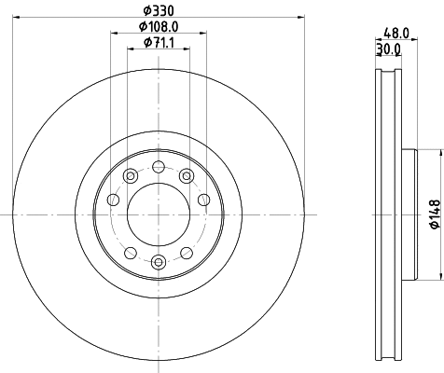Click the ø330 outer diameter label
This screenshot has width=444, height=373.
tap(159, 10)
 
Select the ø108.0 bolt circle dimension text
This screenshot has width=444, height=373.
tap(159, 27)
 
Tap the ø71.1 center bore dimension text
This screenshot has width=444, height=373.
tap(159, 44)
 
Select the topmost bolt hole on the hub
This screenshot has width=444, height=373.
tap(159, 168)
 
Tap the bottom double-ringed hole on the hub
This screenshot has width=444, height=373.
tap(159, 262)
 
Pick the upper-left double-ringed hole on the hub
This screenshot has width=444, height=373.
tap(130, 176)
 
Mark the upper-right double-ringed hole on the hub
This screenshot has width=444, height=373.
tap(187, 176)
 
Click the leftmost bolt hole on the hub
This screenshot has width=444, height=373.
tap(114, 199)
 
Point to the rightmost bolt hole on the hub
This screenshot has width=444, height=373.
tap(203, 199)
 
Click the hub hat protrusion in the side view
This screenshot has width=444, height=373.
tap(407, 214)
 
